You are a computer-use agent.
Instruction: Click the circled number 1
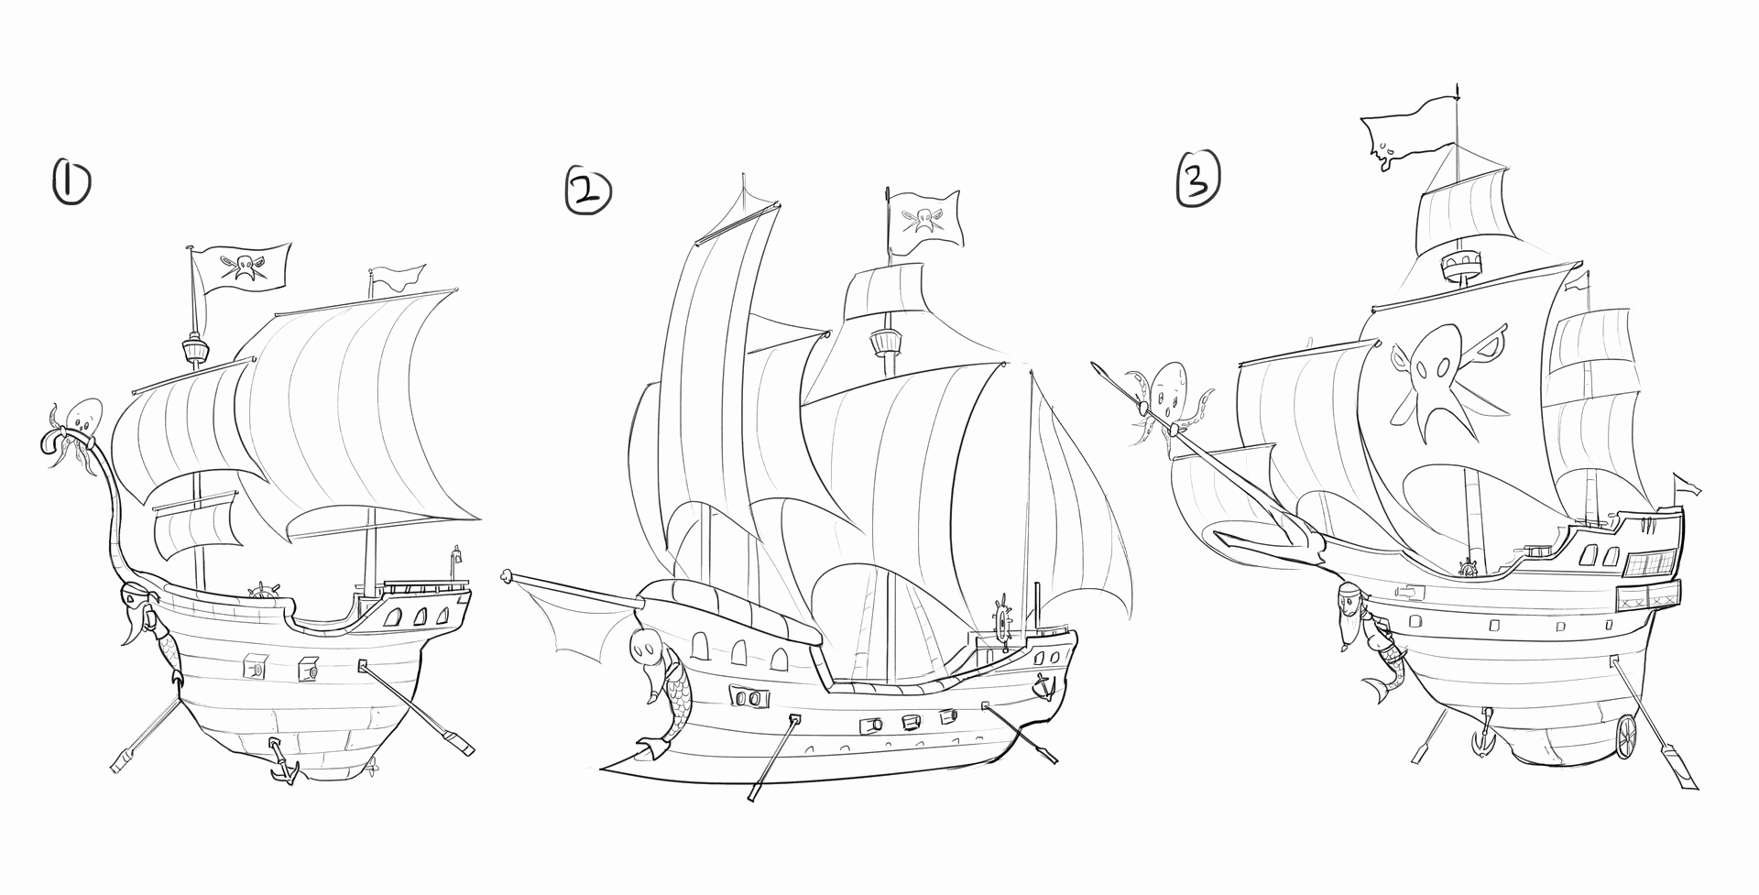point(71,182)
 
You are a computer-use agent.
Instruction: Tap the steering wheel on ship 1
point(263,592)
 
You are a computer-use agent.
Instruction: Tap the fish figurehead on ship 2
point(657,687)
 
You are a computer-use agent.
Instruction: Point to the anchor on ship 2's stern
point(1042,684)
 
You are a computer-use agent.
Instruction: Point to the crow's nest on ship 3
point(1460,267)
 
